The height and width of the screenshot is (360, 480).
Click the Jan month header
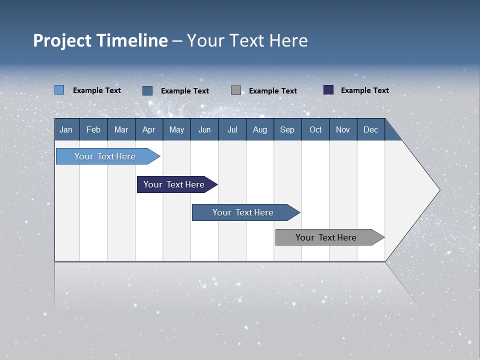(x=66, y=129)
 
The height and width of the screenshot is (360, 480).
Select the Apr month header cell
(x=149, y=129)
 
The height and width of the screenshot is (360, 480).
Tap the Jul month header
(x=232, y=129)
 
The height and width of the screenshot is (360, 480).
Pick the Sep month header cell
(x=287, y=129)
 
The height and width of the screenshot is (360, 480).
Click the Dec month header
(x=370, y=129)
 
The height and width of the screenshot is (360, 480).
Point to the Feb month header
(x=93, y=129)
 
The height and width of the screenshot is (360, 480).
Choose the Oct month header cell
(x=315, y=129)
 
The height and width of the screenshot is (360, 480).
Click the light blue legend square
(x=59, y=90)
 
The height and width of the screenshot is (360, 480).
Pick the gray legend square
(x=236, y=90)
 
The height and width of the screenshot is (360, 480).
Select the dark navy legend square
(x=328, y=90)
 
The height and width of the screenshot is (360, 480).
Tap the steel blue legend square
(x=147, y=90)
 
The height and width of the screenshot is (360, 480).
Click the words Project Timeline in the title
(x=100, y=40)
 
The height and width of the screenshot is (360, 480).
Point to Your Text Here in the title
(x=247, y=40)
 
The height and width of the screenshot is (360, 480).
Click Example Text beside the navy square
(x=364, y=90)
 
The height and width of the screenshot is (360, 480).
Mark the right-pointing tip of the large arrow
(x=438, y=190)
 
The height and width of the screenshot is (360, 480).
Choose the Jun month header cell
(x=204, y=129)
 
